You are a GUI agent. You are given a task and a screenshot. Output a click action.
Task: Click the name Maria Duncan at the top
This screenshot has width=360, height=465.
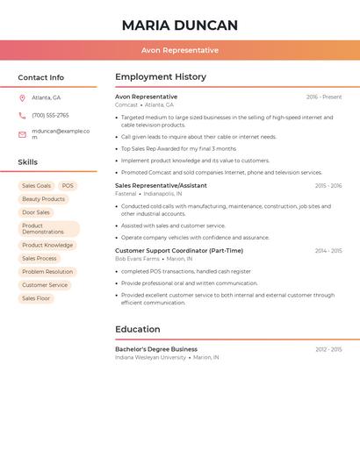tap(179, 25)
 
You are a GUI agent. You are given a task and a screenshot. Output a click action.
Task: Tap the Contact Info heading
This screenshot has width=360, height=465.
tap(40, 77)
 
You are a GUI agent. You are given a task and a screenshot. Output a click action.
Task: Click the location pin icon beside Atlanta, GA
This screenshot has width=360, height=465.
tap(22, 98)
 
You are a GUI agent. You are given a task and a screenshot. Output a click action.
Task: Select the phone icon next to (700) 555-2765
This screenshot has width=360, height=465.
tap(22, 115)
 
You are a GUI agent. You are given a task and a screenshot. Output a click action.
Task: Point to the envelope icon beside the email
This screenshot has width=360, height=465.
tap(22, 134)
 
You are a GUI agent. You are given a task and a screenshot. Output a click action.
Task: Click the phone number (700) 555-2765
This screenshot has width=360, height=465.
tap(50, 115)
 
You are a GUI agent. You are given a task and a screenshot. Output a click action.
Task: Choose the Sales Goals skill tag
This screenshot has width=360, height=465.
tap(36, 186)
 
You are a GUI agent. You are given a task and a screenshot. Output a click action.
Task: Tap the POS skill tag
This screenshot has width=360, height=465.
tap(68, 186)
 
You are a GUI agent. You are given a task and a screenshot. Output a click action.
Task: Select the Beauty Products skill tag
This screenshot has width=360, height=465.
tap(43, 199)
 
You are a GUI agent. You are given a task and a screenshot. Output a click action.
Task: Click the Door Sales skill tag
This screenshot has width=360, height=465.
tap(36, 212)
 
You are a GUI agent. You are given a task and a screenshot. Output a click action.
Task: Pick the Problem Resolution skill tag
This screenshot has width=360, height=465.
tap(47, 272)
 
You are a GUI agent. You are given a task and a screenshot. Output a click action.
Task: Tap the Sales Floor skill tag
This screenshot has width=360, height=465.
tap(36, 298)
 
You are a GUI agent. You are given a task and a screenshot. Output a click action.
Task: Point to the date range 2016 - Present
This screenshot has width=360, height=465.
tap(324, 97)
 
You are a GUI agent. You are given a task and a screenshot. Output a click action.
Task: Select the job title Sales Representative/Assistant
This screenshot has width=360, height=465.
tap(161, 186)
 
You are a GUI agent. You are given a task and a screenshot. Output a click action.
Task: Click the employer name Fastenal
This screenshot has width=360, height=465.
tap(126, 194)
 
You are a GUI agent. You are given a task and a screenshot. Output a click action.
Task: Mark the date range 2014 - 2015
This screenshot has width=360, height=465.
tap(328, 251)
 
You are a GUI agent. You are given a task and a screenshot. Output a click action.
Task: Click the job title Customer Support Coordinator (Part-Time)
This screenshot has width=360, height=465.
tap(179, 251)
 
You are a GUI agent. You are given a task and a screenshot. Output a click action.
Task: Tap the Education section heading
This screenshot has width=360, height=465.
tap(138, 329)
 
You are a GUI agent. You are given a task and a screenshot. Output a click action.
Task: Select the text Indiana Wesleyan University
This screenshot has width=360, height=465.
tap(150, 357)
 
